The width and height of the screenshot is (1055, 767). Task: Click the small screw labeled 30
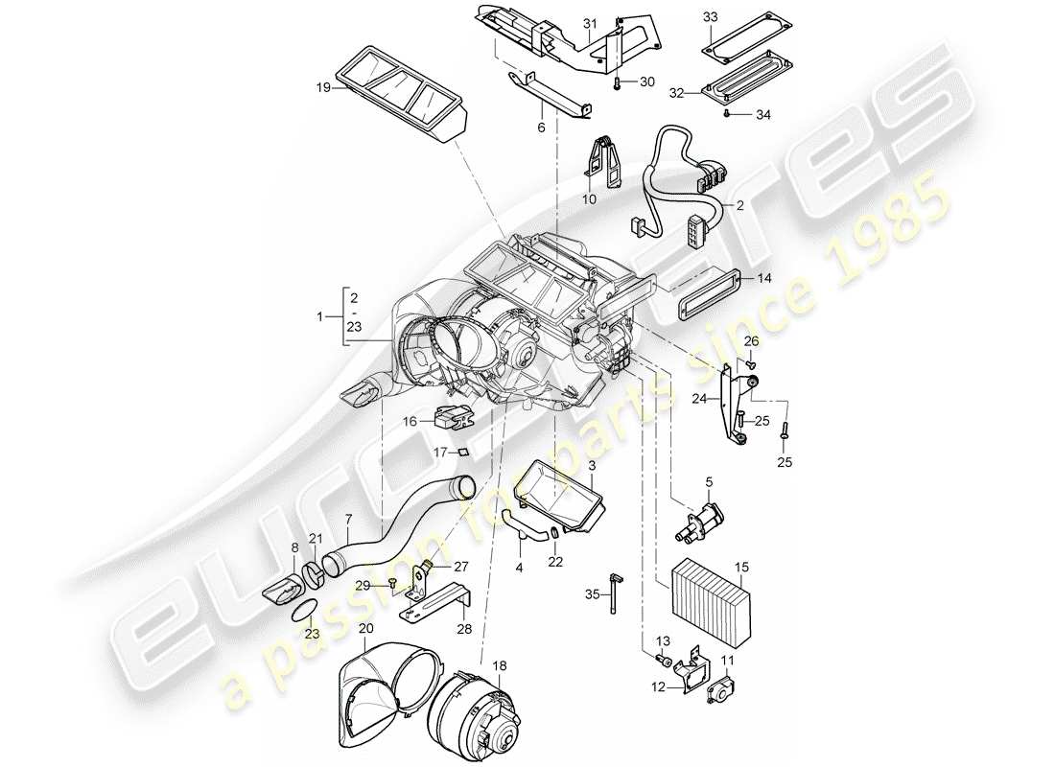click(x=619, y=84)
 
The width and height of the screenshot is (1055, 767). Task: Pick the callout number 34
click(x=762, y=115)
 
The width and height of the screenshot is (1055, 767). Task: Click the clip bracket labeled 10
click(x=602, y=159)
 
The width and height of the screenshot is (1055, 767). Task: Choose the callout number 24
click(x=699, y=398)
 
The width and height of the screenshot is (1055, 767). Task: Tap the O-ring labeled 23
click(x=300, y=610)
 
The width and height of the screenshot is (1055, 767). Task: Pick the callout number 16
click(x=409, y=420)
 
